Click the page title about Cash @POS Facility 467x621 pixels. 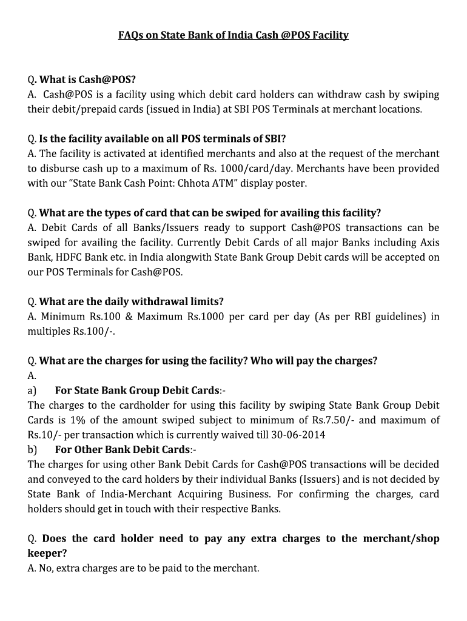(x=233, y=35)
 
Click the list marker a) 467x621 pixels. (x=32, y=390)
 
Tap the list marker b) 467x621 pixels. (x=32, y=449)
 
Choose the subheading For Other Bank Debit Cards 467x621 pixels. (x=123, y=449)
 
